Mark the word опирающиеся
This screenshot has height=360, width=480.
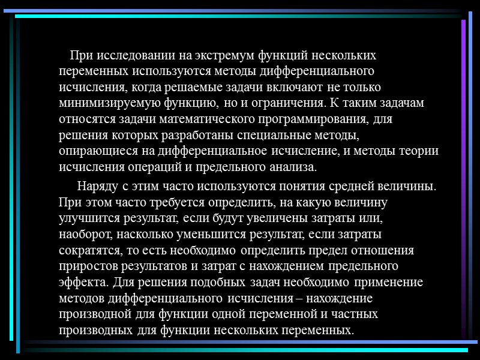95,151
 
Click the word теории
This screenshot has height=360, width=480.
418,151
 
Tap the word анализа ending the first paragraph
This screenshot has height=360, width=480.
291,166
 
